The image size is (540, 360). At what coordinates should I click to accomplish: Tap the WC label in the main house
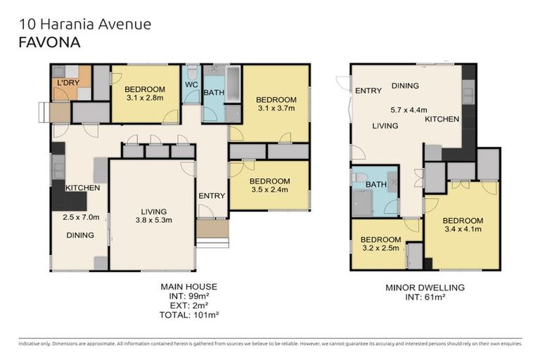tap(191, 85)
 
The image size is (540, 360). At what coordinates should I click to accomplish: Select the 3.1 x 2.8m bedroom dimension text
tap(145, 98)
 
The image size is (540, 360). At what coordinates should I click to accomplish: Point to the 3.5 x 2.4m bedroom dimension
tap(269, 190)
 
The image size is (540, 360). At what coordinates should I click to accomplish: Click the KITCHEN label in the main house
tap(82, 188)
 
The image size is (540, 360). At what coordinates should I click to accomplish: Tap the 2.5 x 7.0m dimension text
tap(81, 217)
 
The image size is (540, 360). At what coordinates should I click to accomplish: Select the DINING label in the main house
tap(80, 235)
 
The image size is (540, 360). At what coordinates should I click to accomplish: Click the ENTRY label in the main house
tap(211, 195)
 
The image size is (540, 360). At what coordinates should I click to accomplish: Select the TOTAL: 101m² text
tap(188, 315)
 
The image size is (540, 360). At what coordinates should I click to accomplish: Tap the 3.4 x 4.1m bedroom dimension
tap(462, 229)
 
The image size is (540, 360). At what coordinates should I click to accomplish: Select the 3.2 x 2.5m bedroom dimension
tap(381, 248)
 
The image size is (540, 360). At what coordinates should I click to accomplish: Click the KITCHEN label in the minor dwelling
tap(442, 120)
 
